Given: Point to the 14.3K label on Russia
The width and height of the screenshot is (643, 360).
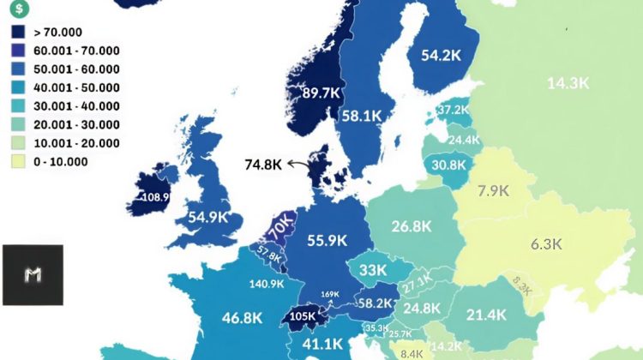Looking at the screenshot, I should pos(568,83).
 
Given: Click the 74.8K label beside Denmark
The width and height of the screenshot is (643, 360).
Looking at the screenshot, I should pos(263,165).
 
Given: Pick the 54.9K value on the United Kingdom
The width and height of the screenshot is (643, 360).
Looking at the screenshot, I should pos(207,217).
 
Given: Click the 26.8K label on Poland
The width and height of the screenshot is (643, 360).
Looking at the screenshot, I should pos(411,227).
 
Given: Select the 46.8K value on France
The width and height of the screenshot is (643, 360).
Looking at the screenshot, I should pos(242,318).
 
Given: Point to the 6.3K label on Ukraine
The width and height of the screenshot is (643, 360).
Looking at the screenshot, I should pos(545,243).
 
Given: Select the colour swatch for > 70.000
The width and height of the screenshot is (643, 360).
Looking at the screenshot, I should pos(18,31).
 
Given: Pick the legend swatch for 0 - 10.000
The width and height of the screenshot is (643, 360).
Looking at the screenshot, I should pos(18,162).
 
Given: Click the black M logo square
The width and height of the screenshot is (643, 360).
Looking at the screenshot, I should pos(33,275).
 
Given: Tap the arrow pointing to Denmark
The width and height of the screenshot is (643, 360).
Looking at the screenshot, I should pos(298,163).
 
